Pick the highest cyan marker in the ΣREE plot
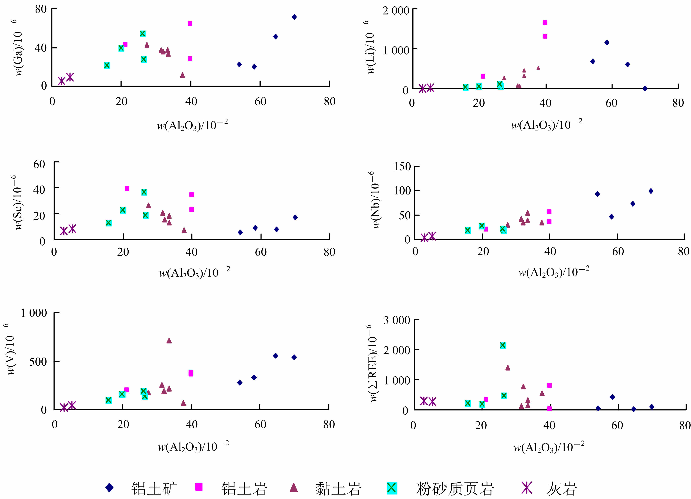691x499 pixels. (503, 345)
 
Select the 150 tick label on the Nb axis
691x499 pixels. (402, 167)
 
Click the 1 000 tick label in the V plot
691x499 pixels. (34, 313)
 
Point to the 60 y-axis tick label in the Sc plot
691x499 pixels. (39, 164)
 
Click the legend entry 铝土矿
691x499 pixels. (154, 489)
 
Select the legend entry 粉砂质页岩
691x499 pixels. (455, 489)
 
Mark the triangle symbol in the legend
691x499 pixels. (293, 487)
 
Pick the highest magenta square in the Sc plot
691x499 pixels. (127, 188)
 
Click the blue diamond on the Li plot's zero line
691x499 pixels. (645, 88)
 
